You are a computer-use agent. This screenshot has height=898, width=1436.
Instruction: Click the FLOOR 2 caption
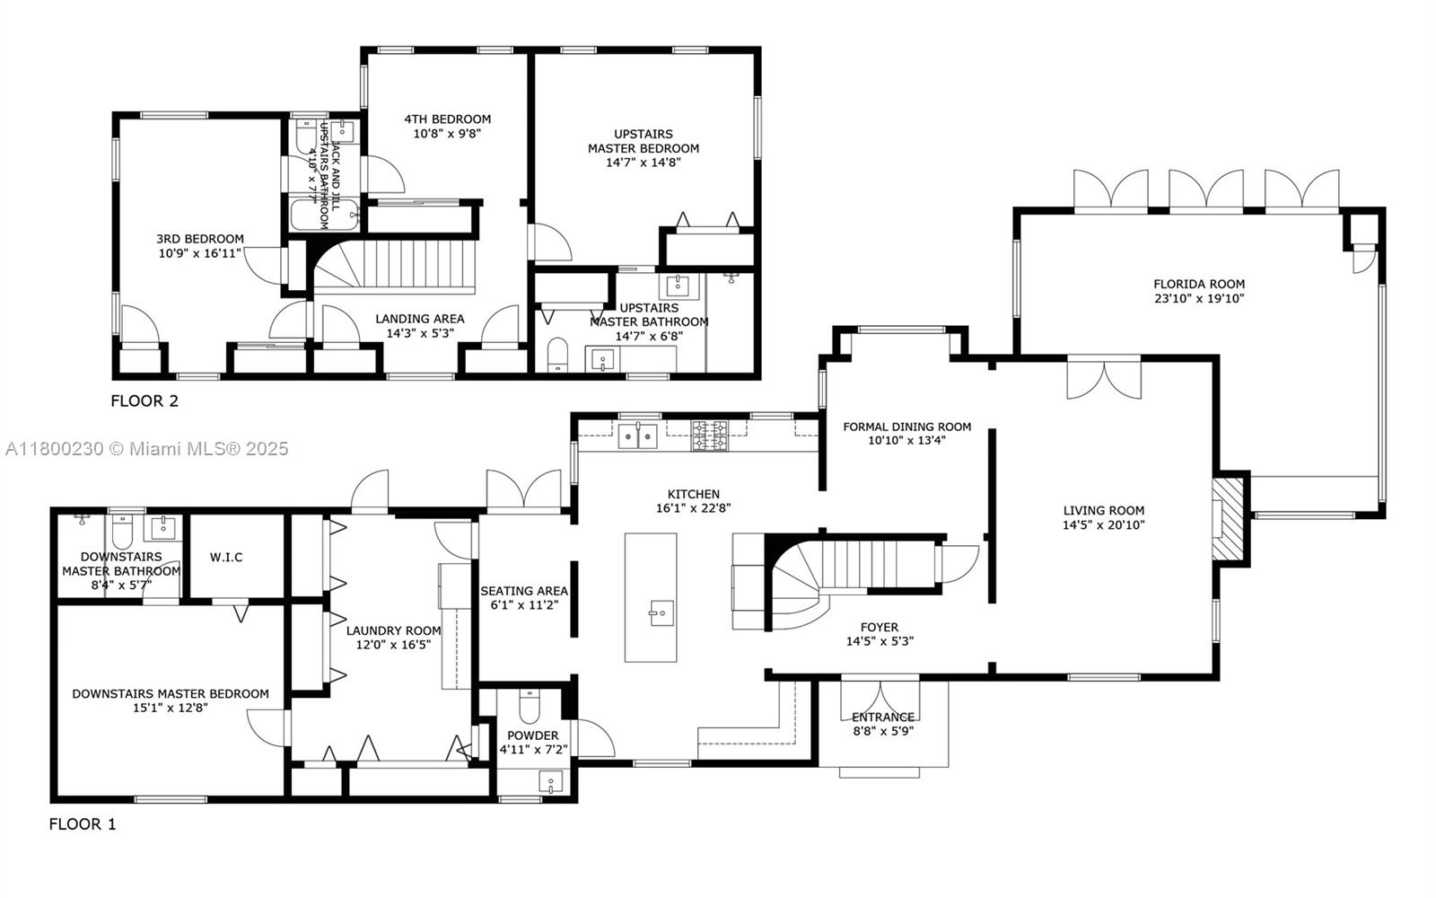click(144, 401)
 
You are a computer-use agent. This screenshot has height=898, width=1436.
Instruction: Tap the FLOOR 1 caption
click(83, 823)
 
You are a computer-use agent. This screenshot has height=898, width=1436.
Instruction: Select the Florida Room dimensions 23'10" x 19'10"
click(1199, 298)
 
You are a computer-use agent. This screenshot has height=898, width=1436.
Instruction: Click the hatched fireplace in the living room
click(1229, 520)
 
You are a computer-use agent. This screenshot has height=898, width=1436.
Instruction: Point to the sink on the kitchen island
click(661, 615)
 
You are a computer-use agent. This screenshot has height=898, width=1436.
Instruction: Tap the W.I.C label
click(226, 557)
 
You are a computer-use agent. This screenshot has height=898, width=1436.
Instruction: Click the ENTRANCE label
click(883, 717)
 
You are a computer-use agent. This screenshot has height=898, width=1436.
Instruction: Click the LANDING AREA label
click(420, 319)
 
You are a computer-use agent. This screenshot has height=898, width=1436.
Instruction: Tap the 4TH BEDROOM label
click(447, 119)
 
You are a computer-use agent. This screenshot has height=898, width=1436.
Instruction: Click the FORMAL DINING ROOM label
click(906, 427)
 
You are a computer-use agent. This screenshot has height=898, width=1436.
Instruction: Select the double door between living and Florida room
click(1104, 377)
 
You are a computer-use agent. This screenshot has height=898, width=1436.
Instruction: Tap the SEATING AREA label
click(524, 591)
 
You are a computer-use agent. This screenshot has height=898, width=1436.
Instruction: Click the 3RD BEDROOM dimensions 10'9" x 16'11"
click(200, 253)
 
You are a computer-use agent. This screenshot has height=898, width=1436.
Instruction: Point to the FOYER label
click(879, 628)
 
